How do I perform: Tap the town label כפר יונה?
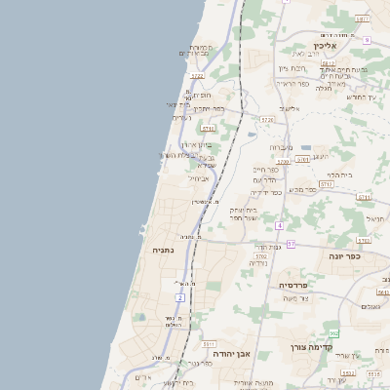coord(342,257)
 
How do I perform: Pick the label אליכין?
coord(347,46)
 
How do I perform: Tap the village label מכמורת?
coord(202,46)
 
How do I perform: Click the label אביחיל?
coord(199,177)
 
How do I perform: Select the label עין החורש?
coord(361,97)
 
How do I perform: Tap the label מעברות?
coord(282,147)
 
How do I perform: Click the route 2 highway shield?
coord(180,296)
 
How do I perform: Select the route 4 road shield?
coord(279,225)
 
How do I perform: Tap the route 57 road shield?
coord(291,243)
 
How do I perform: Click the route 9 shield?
coord(367,41)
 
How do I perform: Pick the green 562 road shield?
coord(333,334)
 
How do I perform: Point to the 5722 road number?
coord(198,75)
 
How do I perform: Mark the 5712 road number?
coord(326,184)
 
